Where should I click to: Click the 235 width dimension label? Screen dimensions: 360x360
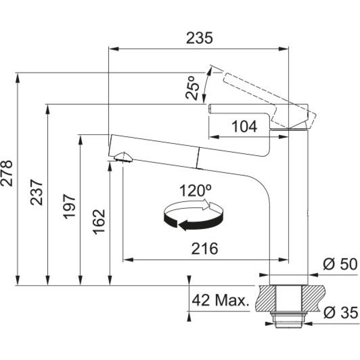199,38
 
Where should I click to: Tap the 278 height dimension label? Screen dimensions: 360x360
6,173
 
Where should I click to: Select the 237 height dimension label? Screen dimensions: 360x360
36,192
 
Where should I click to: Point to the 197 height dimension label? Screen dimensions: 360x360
69,207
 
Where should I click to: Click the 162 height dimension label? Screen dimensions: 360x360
99,222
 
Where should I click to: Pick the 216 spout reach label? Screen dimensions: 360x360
205,248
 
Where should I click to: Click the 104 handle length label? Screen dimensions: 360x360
244,127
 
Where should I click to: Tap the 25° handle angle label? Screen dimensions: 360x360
192,88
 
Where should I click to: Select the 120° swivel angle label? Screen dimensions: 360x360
195,190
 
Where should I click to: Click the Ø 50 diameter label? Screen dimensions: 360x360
341,264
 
